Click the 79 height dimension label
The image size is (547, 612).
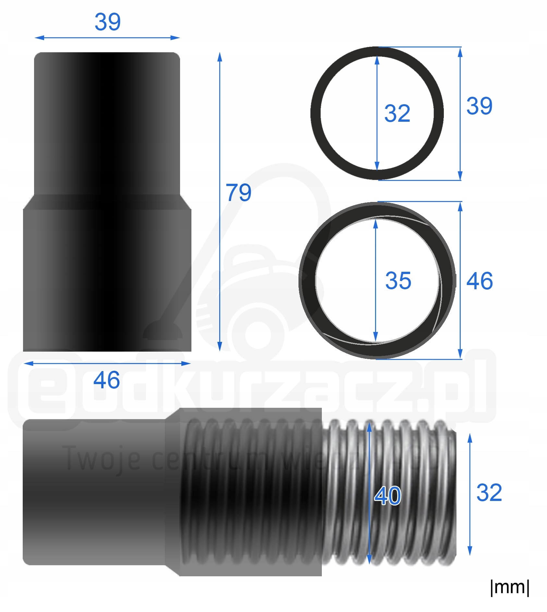pyautogui.click(x=238, y=193)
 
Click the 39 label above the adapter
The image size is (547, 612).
pyautogui.click(x=107, y=22)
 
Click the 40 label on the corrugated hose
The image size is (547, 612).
pyautogui.click(x=387, y=496)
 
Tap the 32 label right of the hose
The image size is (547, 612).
pyautogui.click(x=489, y=493)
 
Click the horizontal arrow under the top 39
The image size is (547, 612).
pyautogui.click(x=107, y=38)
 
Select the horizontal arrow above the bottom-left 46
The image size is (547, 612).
pyautogui.click(x=107, y=363)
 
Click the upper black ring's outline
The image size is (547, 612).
pyautogui.click(x=316, y=113)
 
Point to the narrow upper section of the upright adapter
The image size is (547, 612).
pyautogui.click(x=107, y=123)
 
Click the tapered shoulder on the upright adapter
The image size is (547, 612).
pyautogui.click(x=107, y=202)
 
